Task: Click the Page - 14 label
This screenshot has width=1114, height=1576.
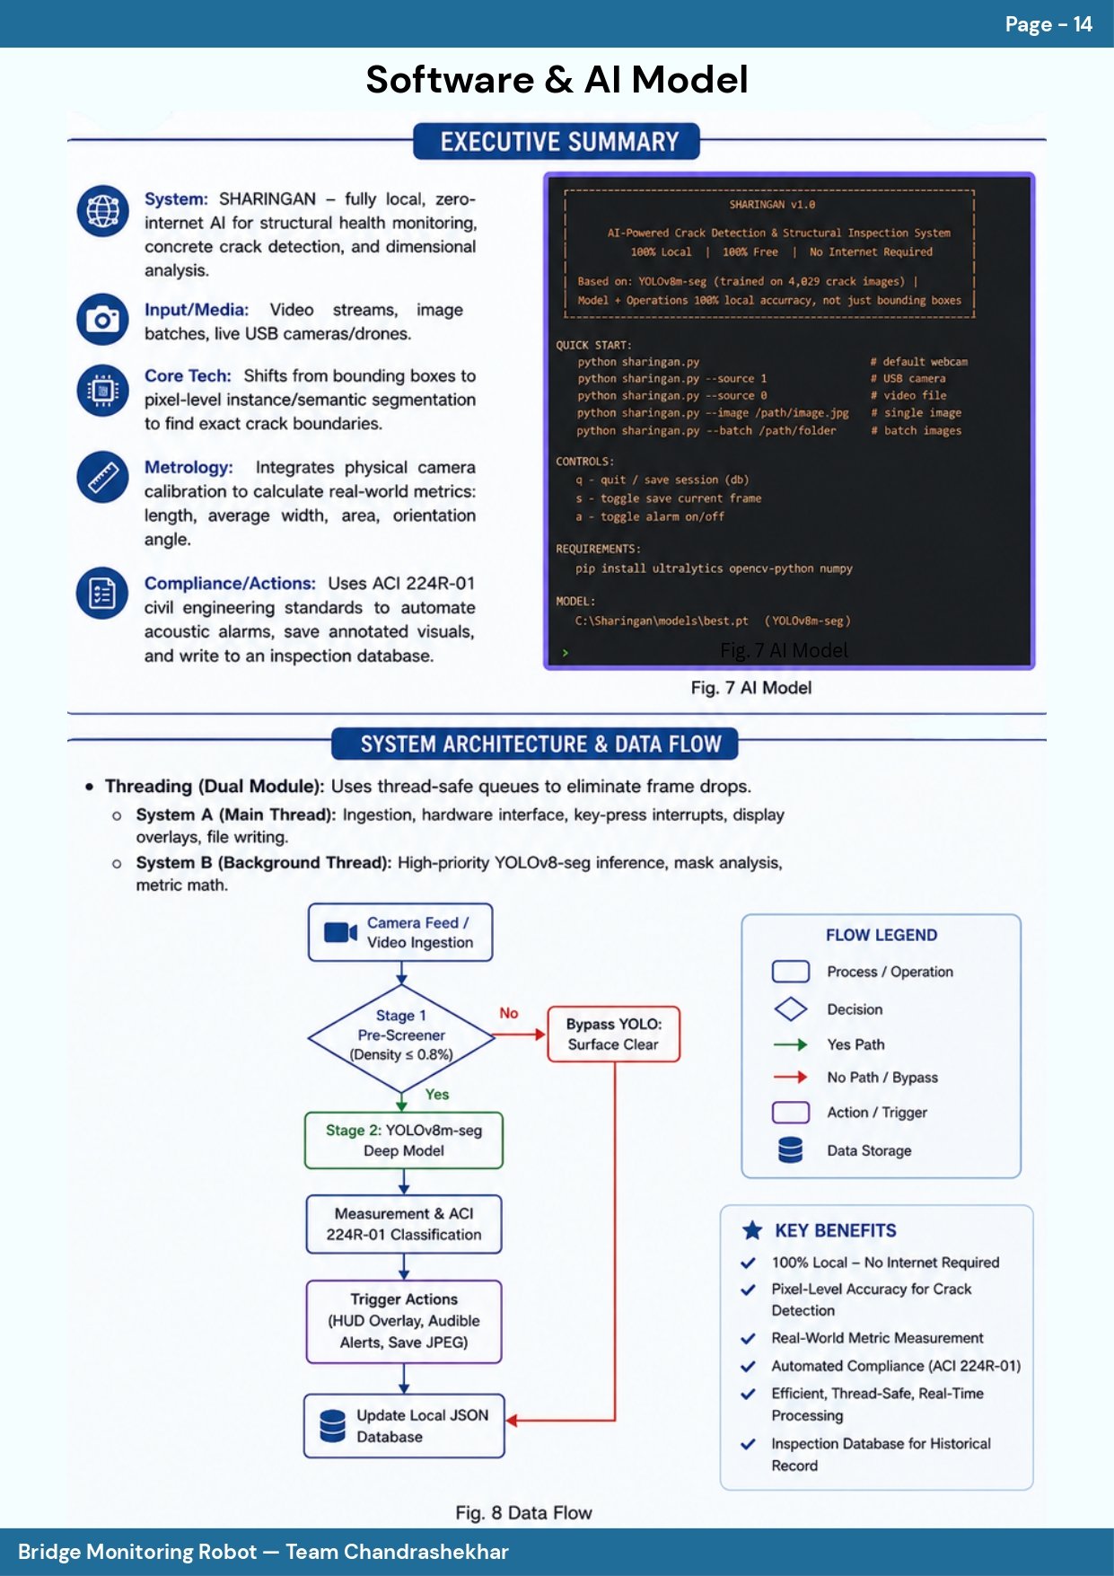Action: [1048, 24]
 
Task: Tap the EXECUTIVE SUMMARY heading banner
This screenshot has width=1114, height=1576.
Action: [557, 141]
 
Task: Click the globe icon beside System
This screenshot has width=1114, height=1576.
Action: [102, 211]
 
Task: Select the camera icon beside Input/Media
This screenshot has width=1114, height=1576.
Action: [102, 320]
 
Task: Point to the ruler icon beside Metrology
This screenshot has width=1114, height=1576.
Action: [102, 477]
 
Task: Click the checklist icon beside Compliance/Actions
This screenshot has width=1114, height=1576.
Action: [102, 594]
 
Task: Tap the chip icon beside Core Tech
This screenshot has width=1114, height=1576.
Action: [102, 391]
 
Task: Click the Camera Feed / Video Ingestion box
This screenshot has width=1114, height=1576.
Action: [400, 932]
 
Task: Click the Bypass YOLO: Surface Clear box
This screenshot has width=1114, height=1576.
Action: [614, 1035]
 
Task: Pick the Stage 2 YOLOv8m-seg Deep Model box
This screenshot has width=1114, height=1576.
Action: [404, 1140]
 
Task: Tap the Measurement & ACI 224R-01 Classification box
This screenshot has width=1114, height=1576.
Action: [404, 1224]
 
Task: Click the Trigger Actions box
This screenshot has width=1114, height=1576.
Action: [404, 1321]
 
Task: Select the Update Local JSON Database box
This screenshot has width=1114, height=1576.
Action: [404, 1426]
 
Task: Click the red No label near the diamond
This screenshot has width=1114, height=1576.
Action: [509, 1013]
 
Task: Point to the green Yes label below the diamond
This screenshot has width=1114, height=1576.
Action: [437, 1094]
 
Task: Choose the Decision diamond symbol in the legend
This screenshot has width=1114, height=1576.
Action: [791, 1009]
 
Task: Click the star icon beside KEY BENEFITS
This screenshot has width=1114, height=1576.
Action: [752, 1230]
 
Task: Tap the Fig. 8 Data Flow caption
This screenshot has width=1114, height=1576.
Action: [523, 1513]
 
